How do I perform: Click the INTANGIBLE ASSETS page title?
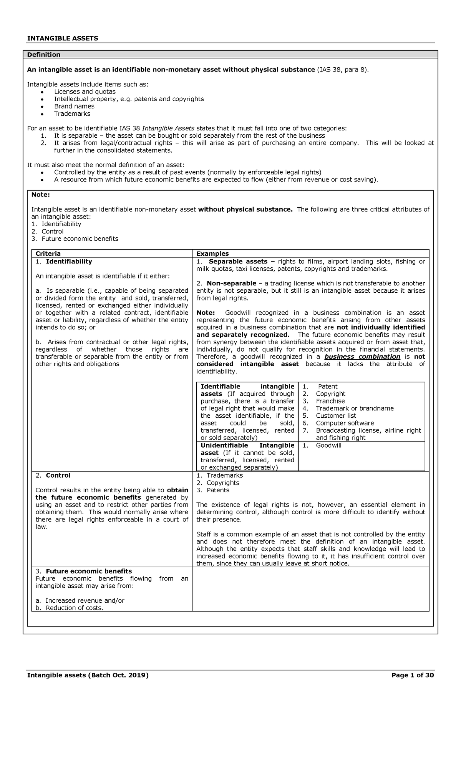[x=62, y=38]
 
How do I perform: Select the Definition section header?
[x=43, y=55]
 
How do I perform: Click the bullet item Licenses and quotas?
[x=85, y=92]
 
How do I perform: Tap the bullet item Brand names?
[x=74, y=106]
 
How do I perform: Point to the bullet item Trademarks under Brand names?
[x=72, y=113]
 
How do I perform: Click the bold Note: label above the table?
[x=40, y=195]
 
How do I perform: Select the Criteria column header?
[x=48, y=253]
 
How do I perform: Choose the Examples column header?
[x=212, y=253]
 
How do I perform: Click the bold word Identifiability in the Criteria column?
[x=69, y=261]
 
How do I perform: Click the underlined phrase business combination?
[x=362, y=357]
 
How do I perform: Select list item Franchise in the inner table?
[x=330, y=401]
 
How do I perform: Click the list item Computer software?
[x=345, y=423]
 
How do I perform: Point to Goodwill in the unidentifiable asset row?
[x=328, y=445]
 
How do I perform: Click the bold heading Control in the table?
[x=58, y=475]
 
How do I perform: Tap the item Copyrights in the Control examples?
[x=223, y=483]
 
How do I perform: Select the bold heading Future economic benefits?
[x=88, y=571]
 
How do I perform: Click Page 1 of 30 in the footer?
[x=412, y=675]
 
